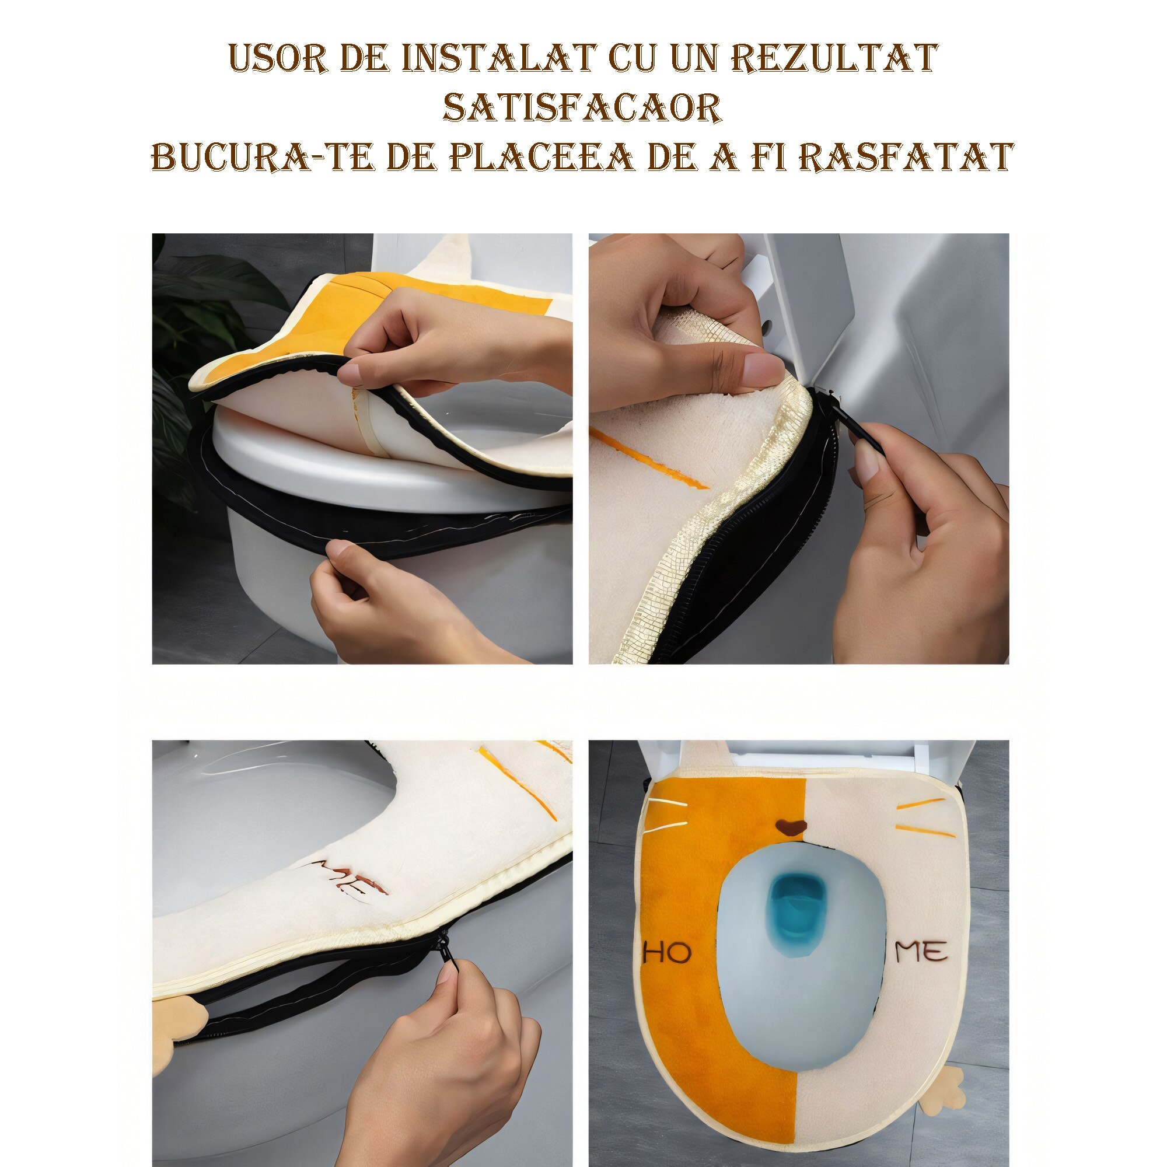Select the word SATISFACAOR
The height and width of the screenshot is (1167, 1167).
(x=582, y=108)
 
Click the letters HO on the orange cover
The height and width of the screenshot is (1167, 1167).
(x=667, y=953)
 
